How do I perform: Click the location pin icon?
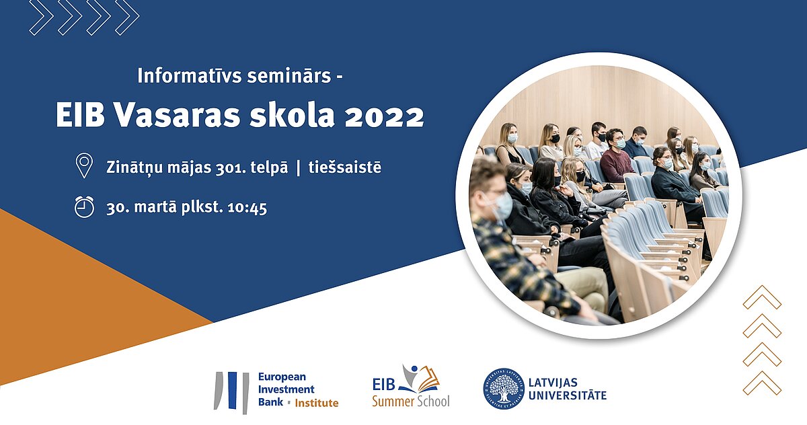coord(84,165)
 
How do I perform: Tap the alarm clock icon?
coord(84,207)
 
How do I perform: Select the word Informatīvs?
coord(189,76)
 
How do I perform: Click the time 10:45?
coord(247,208)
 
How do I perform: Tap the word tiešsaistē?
coord(345,167)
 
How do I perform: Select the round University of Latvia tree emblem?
coord(503,389)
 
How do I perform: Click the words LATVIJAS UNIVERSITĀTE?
coord(568,389)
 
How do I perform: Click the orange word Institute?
coord(317,403)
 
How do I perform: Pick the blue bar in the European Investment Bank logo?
coord(233,391)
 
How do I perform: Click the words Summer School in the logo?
coord(411,401)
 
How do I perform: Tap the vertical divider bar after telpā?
coord(299,168)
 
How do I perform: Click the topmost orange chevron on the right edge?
coord(762,297)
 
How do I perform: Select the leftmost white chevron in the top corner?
coord(42,17)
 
